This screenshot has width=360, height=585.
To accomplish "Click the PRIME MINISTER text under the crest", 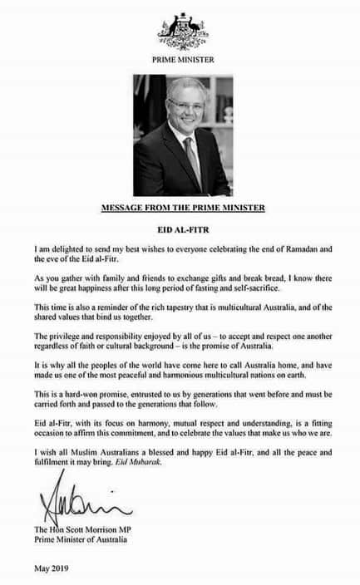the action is pos(182,60).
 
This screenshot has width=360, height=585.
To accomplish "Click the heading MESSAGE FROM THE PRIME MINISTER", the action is pos(182,207).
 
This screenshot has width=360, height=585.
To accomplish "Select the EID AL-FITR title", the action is pos(181,226).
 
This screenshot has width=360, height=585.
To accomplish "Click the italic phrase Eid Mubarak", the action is pos(195,470).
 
